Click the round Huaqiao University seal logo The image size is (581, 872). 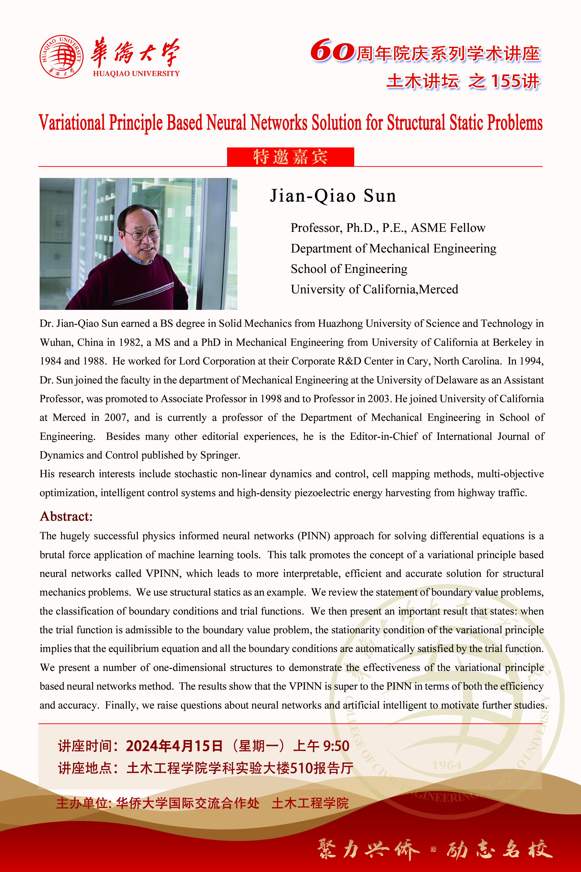pyautogui.click(x=61, y=56)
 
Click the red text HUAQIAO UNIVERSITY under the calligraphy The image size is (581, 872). pyautogui.click(x=136, y=73)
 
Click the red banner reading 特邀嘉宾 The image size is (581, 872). pyautogui.click(x=290, y=157)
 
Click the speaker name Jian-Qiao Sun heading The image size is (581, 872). pyautogui.click(x=333, y=196)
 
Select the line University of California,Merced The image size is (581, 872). pyautogui.click(x=374, y=289)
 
